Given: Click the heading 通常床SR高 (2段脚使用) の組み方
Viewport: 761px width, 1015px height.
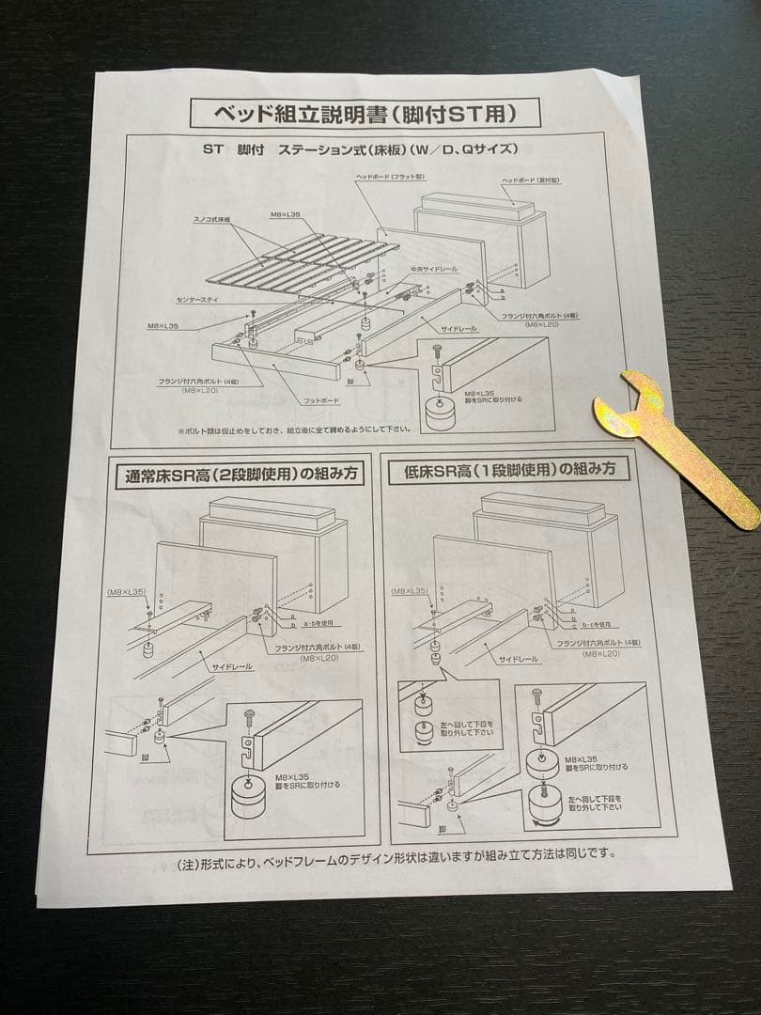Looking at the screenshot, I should pyautogui.click(x=239, y=475).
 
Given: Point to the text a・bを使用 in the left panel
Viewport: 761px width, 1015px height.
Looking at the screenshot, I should pyautogui.click(x=317, y=623).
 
